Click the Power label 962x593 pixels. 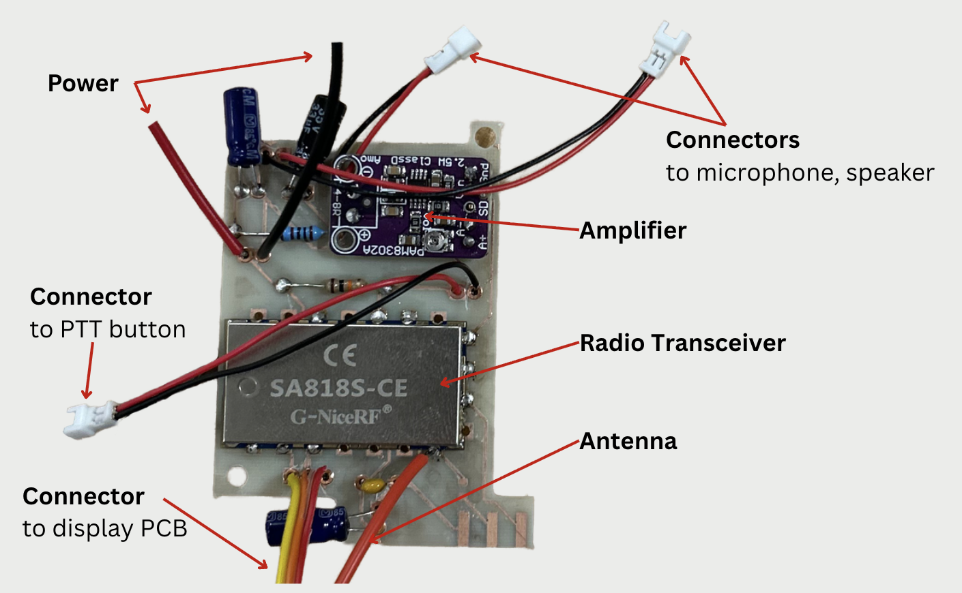(83, 83)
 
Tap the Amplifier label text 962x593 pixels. (632, 230)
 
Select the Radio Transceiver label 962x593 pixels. (682, 343)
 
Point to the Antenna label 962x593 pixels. (628, 442)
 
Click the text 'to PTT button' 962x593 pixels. (108, 329)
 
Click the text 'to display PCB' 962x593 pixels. (104, 528)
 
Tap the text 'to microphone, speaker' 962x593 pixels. (800, 173)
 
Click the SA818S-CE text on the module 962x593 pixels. (338, 389)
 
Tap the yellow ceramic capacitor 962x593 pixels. (373, 486)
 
